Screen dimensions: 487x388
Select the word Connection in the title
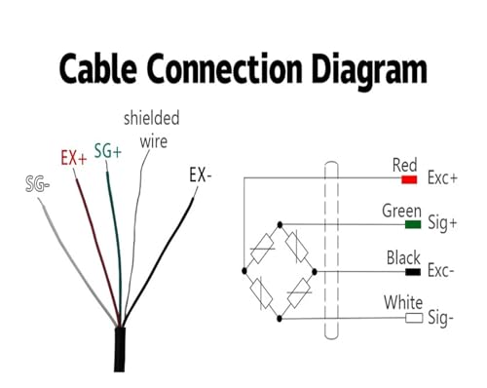225,69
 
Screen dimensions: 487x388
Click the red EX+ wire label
74,158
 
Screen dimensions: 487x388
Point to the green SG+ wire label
108,151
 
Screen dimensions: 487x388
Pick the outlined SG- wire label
38,184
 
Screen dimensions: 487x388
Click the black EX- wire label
201,175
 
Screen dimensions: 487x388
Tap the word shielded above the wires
152,118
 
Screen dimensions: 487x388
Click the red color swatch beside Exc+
409,179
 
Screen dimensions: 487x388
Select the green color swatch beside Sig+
413,224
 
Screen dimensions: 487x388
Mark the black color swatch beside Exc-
413,272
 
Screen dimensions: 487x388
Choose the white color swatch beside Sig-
414,318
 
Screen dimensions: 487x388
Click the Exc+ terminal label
442,177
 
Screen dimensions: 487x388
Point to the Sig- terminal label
440,317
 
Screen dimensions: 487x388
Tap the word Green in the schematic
401,212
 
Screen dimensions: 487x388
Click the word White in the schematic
403,302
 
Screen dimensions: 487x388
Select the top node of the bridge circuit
280,224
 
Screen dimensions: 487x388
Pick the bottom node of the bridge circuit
280,319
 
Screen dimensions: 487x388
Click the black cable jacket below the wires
120,350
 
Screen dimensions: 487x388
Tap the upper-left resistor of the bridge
262,249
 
